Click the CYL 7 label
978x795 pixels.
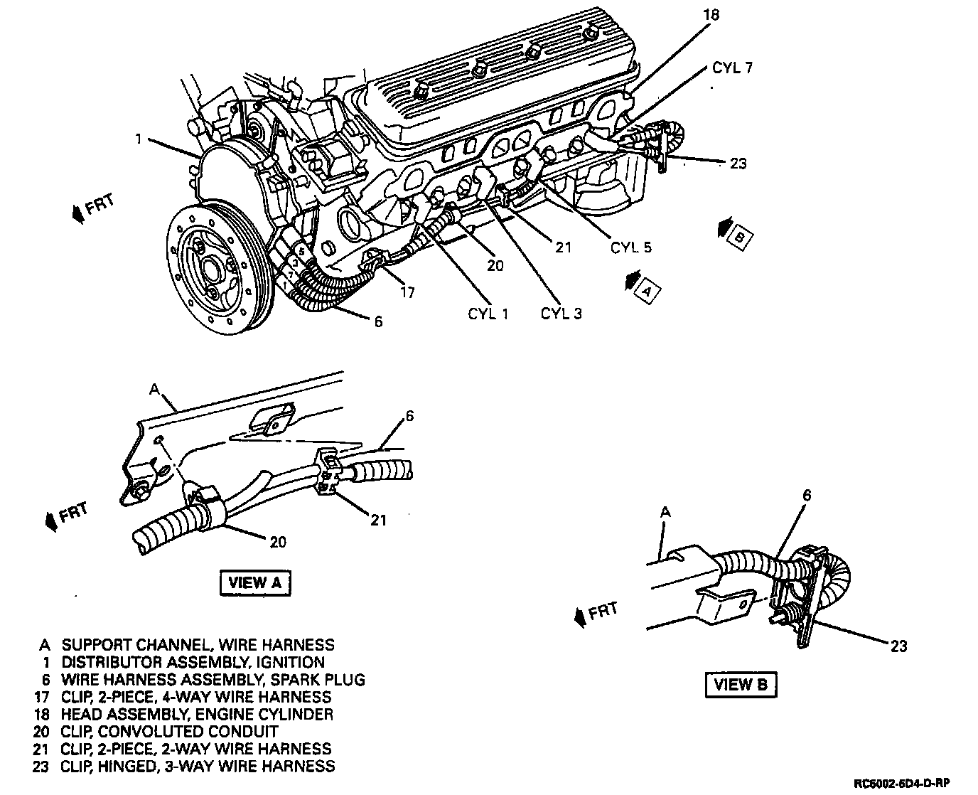click(732, 69)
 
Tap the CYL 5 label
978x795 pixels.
click(630, 247)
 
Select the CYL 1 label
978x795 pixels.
click(488, 314)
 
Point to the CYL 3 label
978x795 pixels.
click(561, 314)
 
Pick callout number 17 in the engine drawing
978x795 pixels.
click(407, 292)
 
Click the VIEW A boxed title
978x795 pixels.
click(256, 582)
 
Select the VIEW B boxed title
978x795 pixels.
click(741, 685)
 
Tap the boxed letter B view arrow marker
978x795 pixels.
click(739, 238)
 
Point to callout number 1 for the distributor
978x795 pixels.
click(139, 139)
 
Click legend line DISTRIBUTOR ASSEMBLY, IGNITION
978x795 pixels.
click(193, 662)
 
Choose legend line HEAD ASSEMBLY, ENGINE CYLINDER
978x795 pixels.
click(197, 714)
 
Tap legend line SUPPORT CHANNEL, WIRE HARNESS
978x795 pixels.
click(198, 645)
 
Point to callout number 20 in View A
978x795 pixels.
click(277, 542)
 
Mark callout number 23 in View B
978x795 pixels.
click(898, 646)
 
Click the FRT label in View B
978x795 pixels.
click(602, 610)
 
